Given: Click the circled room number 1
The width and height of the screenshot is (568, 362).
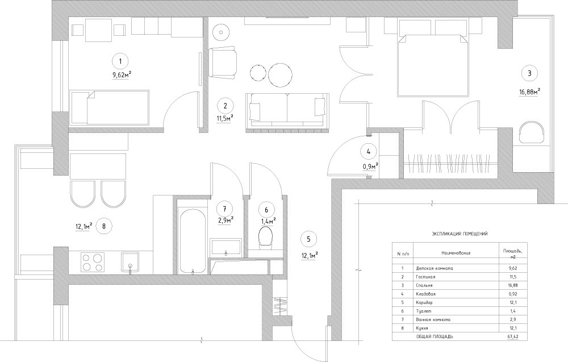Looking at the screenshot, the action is (120, 61).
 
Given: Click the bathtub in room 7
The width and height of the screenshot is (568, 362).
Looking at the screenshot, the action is (193, 240).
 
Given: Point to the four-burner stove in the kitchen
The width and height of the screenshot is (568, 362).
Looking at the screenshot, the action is (93, 263).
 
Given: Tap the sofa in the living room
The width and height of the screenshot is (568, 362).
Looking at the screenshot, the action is (287, 110).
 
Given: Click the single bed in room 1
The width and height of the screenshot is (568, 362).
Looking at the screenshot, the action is (110, 107).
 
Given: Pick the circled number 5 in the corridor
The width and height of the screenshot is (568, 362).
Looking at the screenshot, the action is (308, 239).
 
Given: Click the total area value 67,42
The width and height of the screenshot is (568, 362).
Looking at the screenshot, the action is (513, 336).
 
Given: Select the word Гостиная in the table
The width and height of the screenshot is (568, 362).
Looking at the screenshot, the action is (426, 277).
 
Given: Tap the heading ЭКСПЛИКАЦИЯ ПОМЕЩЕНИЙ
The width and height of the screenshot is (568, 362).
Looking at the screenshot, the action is (460, 234).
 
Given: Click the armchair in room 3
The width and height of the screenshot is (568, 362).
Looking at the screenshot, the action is (532, 134).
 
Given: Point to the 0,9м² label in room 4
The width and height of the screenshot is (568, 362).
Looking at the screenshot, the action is (370, 167).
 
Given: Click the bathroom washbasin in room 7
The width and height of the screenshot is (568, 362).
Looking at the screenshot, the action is (226, 247).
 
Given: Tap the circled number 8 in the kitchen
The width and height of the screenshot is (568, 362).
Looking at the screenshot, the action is (104, 227).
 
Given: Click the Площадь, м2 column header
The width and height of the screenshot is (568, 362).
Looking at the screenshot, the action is (512, 253).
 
